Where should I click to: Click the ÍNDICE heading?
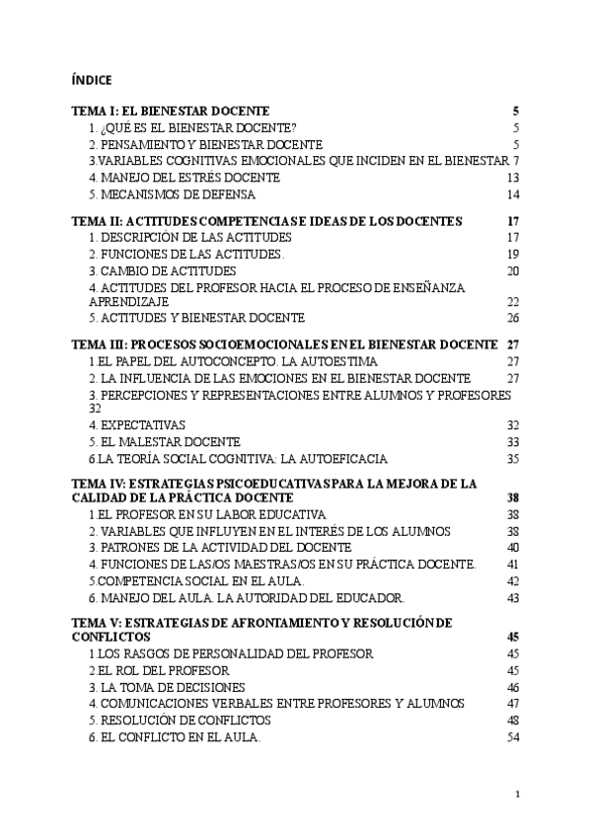(92, 79)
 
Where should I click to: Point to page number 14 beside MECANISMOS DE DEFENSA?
(512, 194)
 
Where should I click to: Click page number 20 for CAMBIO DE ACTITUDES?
(512, 270)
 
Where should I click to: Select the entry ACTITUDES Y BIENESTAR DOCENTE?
(196, 318)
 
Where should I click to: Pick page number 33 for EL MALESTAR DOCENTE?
(512, 442)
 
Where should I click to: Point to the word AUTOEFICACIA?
(336, 459)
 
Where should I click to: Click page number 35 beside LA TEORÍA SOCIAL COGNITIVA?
(512, 459)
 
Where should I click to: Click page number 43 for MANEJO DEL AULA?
(512, 597)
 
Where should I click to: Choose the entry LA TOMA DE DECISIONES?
(167, 687)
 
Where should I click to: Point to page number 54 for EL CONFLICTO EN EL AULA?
(512, 737)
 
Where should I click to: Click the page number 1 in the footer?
(517, 795)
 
